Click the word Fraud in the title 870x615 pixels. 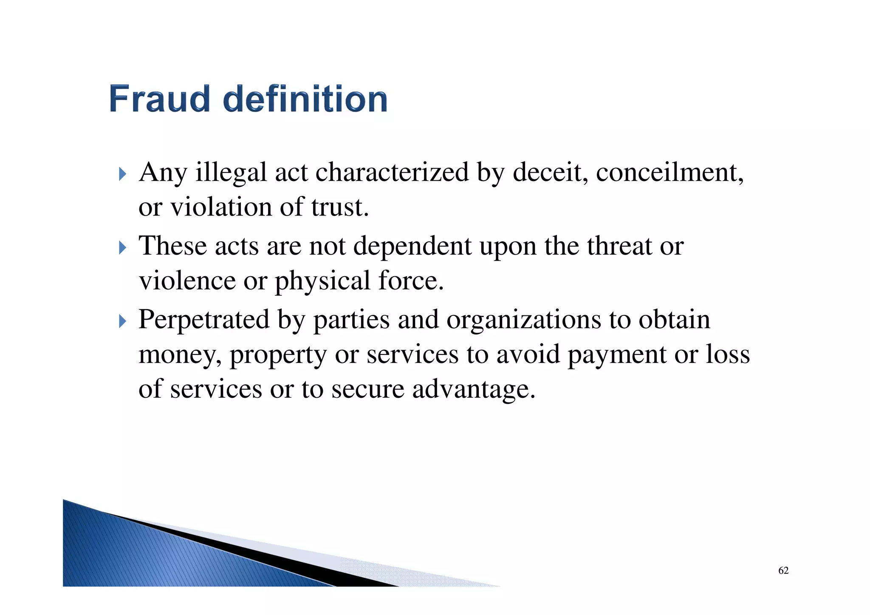click(x=160, y=99)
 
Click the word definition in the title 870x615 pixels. click(x=305, y=99)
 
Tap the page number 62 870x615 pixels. click(x=783, y=570)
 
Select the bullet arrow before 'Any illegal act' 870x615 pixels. click(x=122, y=174)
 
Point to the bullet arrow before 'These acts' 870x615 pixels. click(x=122, y=247)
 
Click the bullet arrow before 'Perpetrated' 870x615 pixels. click(x=122, y=321)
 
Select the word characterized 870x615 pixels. click(x=392, y=173)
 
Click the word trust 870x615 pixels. click(x=339, y=207)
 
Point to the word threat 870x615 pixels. click(x=619, y=246)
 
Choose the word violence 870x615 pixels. click(x=187, y=281)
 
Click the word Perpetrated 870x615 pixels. click(x=204, y=320)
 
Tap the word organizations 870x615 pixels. click(x=523, y=320)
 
